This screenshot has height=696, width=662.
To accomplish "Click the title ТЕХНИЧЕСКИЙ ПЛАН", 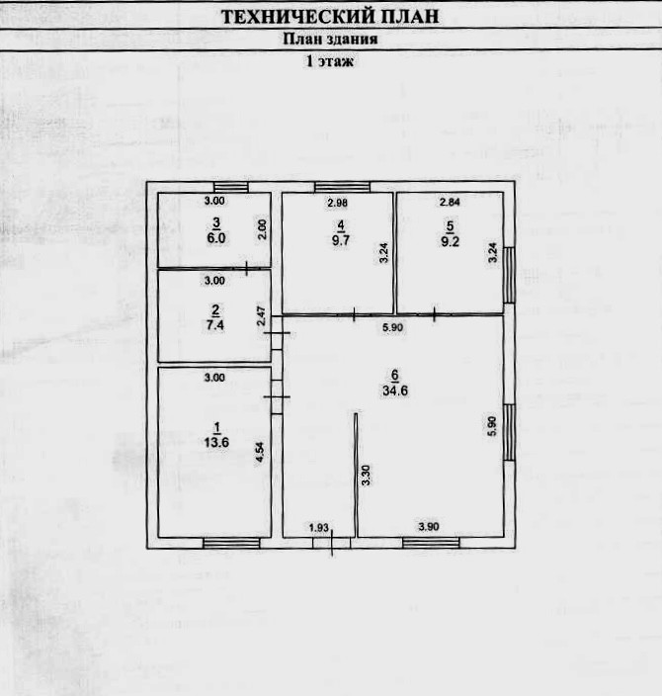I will coord(330,17).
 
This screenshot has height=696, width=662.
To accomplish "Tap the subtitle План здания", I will coord(330,40).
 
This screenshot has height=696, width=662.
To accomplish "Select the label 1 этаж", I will coord(330,61).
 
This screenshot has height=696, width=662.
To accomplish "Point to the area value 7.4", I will coord(215,323).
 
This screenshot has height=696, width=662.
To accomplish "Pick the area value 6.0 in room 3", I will coord(215,237).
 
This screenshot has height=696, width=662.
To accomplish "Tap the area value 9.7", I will coord(340,238).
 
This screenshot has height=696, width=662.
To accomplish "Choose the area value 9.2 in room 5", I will coord(452,238).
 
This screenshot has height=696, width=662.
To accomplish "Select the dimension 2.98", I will coord(339,203).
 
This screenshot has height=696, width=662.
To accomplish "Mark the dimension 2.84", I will coord(451,203).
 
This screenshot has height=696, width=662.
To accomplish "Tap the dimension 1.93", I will coord(319,527).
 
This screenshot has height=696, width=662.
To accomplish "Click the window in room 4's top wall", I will coord(342,187).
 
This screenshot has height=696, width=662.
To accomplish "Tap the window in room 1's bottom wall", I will coord(231,542).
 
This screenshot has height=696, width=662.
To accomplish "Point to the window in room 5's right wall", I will coord(510,275).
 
